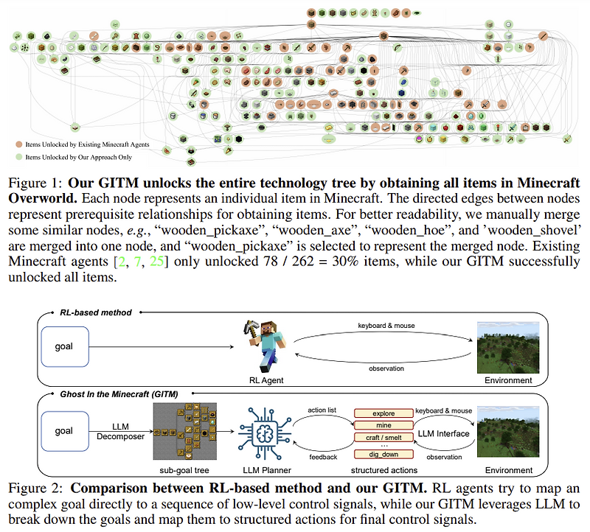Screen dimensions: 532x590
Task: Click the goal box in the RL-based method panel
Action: pyautogui.click(x=63, y=345)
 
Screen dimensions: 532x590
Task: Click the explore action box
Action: pyautogui.click(x=383, y=414)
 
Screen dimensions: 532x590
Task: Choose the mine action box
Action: pyautogui.click(x=383, y=426)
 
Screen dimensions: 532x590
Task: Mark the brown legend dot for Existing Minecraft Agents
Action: pyautogui.click(x=19, y=144)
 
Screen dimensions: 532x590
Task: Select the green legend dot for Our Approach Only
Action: pyautogui.click(x=19, y=157)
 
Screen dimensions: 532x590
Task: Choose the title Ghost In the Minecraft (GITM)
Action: pyautogui.click(x=126, y=394)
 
